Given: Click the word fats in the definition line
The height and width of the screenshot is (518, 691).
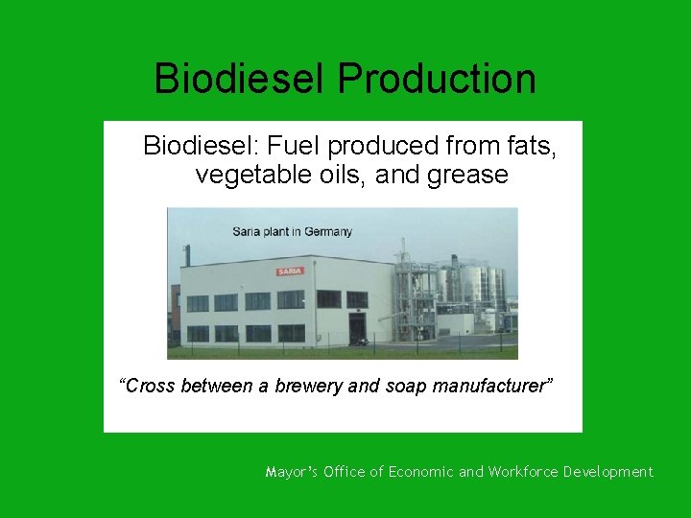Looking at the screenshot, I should click(x=530, y=147).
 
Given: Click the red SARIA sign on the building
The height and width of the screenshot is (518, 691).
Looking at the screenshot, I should click(x=290, y=271).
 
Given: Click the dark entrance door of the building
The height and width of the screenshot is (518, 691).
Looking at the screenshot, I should click(x=357, y=329).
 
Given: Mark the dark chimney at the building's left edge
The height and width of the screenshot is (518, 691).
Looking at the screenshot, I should click(x=187, y=255).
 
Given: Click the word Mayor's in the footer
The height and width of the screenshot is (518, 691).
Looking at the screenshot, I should click(x=291, y=472).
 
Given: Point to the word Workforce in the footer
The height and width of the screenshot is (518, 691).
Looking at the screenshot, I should click(x=522, y=472).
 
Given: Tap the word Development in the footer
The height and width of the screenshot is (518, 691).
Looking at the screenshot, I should click(x=608, y=472).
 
